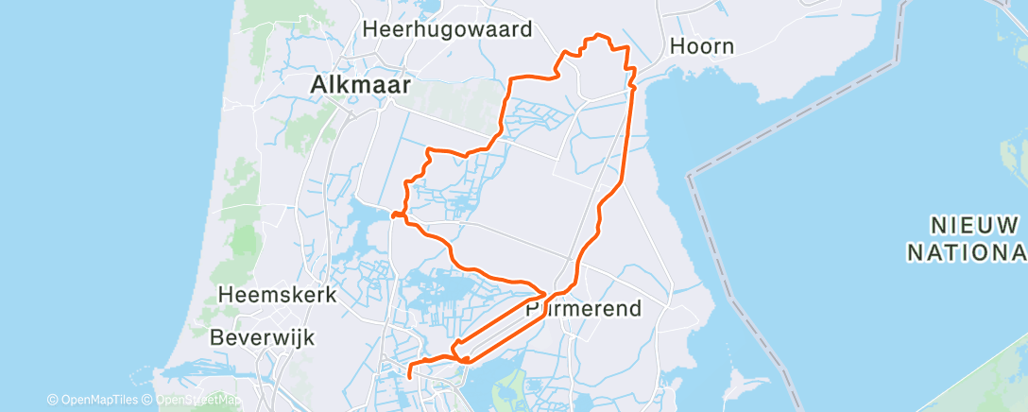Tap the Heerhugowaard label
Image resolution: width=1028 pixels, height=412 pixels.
pos(448,29)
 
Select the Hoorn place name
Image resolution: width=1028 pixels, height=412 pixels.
pos(701,45)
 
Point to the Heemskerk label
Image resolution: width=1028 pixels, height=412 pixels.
pos(277,295)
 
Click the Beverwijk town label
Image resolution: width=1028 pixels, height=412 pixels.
pos(262,336)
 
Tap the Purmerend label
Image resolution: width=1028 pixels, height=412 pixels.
pos(583,308)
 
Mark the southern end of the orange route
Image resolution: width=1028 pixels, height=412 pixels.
pos(410,377)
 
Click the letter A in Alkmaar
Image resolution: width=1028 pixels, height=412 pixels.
pos(319,86)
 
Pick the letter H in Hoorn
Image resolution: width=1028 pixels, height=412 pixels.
pos(677,45)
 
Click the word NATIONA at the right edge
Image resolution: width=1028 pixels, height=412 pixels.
pos(967,252)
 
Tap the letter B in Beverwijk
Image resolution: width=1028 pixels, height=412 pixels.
pos(216,336)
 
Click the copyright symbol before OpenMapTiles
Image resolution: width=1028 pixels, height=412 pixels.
pos(52,400)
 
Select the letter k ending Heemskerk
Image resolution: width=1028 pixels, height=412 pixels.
pos(331,295)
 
